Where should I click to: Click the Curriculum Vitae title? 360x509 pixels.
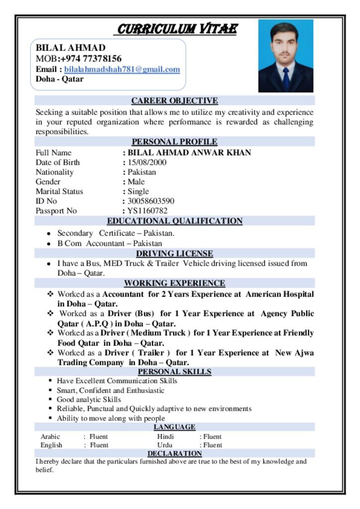(x=176, y=29)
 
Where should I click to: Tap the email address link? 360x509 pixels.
(x=122, y=70)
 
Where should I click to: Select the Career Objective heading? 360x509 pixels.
(x=175, y=101)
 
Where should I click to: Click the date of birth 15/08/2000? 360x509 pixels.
(x=147, y=163)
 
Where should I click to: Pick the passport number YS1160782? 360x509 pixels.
(x=151, y=211)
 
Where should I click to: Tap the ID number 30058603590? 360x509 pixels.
(x=151, y=201)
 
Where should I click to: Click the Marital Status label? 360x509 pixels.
(x=59, y=191)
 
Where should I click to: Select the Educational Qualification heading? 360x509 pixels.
(x=175, y=221)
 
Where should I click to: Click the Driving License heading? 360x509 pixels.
(x=175, y=254)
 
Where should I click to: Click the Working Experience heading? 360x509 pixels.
(x=175, y=283)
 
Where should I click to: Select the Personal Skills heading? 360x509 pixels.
(x=175, y=372)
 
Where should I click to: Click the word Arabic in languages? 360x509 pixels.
(x=50, y=437)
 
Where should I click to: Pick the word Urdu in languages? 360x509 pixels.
(x=165, y=445)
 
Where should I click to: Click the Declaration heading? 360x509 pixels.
(x=175, y=453)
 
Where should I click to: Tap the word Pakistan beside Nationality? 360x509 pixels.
(x=142, y=172)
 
